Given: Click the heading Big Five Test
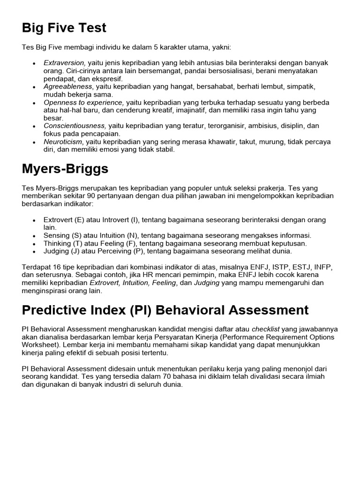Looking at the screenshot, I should click(x=64, y=28).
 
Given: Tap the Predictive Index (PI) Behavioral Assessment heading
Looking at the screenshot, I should click(x=165, y=310).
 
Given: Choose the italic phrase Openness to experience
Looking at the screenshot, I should click(x=83, y=102).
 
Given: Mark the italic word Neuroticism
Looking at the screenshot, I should click(x=63, y=142).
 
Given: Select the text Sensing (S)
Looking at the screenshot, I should click(x=62, y=235).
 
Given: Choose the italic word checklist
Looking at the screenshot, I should click(x=268, y=329).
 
